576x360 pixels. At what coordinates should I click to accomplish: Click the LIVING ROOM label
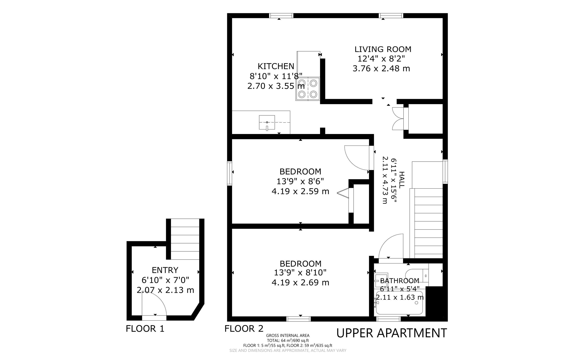(x=383, y=49)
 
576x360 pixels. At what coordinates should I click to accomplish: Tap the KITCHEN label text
(x=276, y=66)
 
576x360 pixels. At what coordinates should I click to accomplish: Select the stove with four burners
(x=308, y=89)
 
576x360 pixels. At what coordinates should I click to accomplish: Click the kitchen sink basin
(x=267, y=122)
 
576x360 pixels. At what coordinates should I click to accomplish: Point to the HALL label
(x=401, y=180)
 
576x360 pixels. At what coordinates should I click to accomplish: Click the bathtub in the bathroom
(x=399, y=303)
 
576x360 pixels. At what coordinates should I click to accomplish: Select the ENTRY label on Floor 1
(x=165, y=270)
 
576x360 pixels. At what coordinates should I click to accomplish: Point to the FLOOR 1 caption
(x=145, y=328)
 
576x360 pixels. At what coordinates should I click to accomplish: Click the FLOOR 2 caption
(x=244, y=328)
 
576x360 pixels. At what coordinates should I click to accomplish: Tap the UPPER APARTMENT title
(x=391, y=333)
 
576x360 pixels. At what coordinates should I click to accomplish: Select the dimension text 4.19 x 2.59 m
(x=300, y=191)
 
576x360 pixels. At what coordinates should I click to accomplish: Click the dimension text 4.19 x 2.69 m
(x=300, y=283)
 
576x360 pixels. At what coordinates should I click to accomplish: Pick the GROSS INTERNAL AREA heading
(x=288, y=336)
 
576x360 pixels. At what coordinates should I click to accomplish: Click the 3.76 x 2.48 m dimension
(x=381, y=68)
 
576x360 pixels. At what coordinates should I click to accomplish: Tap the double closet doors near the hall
(x=398, y=119)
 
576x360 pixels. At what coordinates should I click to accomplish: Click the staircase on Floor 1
(x=185, y=239)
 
